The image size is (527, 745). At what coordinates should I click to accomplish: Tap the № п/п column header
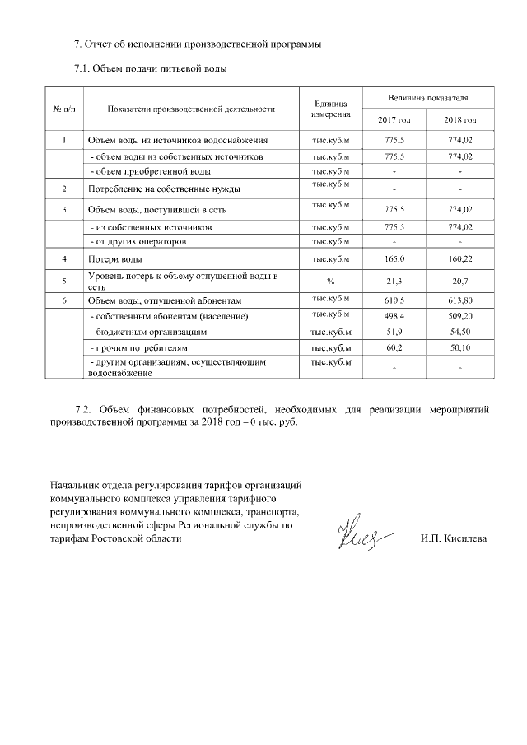(x=64, y=109)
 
